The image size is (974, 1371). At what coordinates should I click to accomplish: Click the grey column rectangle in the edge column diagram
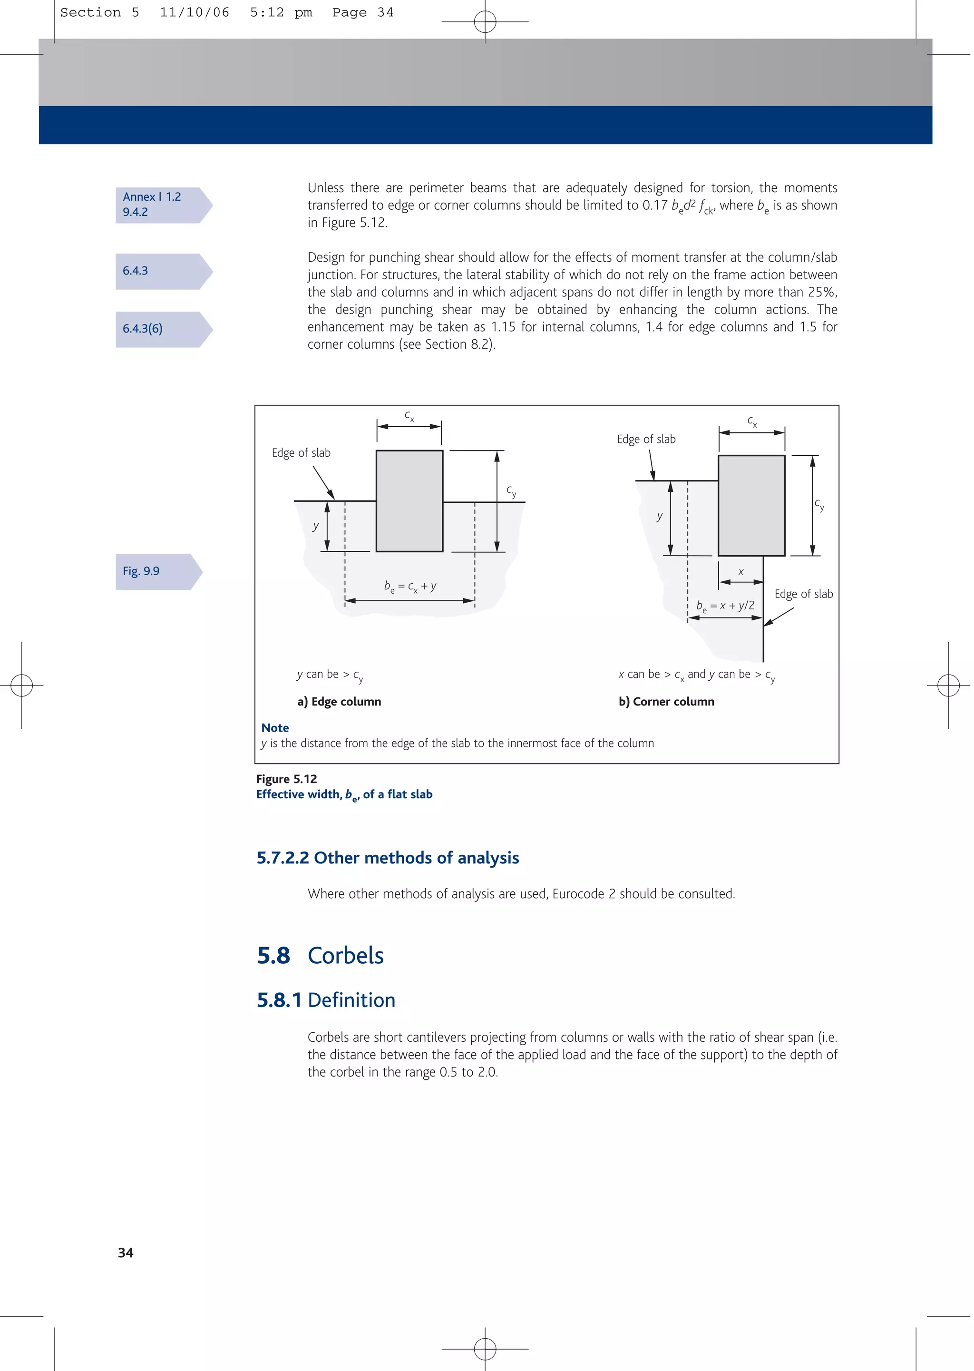tap(409, 501)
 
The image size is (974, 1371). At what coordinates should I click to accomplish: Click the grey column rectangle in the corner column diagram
tap(751, 506)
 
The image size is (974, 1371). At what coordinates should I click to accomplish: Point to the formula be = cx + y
tap(410, 587)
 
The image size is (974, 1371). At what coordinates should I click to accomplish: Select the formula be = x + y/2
tap(725, 606)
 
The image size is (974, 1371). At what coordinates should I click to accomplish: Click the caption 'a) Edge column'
tap(339, 701)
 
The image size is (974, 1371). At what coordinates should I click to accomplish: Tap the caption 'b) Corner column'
tap(666, 701)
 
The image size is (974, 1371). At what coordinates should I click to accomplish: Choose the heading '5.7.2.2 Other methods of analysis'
tap(388, 858)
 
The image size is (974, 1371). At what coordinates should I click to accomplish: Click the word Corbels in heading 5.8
tap(345, 955)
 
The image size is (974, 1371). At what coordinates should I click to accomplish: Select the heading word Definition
tap(351, 1000)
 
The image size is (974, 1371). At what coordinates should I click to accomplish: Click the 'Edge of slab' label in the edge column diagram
tap(301, 453)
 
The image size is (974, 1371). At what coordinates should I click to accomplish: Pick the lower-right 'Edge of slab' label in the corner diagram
tap(803, 594)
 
